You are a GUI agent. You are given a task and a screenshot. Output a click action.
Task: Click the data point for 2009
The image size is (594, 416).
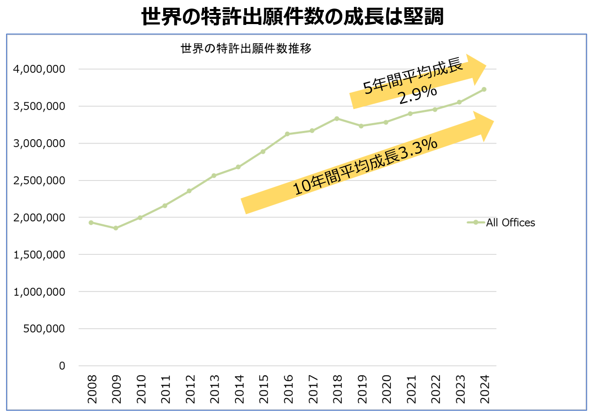click(116, 228)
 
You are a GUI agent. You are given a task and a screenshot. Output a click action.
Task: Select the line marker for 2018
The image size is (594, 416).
click(337, 119)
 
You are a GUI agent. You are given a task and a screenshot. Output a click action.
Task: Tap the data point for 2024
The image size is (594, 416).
click(484, 89)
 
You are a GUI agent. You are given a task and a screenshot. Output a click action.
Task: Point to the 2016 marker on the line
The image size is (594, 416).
click(287, 134)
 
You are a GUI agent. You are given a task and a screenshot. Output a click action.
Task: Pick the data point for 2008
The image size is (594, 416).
click(91, 223)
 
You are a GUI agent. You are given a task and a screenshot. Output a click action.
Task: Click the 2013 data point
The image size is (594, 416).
click(214, 176)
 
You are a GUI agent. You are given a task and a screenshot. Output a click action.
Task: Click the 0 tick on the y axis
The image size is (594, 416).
click(62, 366)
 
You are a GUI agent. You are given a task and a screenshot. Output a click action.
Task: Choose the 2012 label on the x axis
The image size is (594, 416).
click(190, 389)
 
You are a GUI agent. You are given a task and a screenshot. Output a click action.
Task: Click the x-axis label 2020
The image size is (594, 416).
click(387, 389)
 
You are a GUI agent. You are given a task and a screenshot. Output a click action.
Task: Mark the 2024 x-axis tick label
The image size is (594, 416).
click(484, 389)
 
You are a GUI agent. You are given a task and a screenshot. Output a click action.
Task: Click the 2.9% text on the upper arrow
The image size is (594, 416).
click(417, 95)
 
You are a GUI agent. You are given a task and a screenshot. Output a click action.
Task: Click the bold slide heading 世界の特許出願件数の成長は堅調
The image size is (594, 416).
click(292, 17)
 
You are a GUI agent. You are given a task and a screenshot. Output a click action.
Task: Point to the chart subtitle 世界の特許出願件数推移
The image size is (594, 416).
click(246, 49)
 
